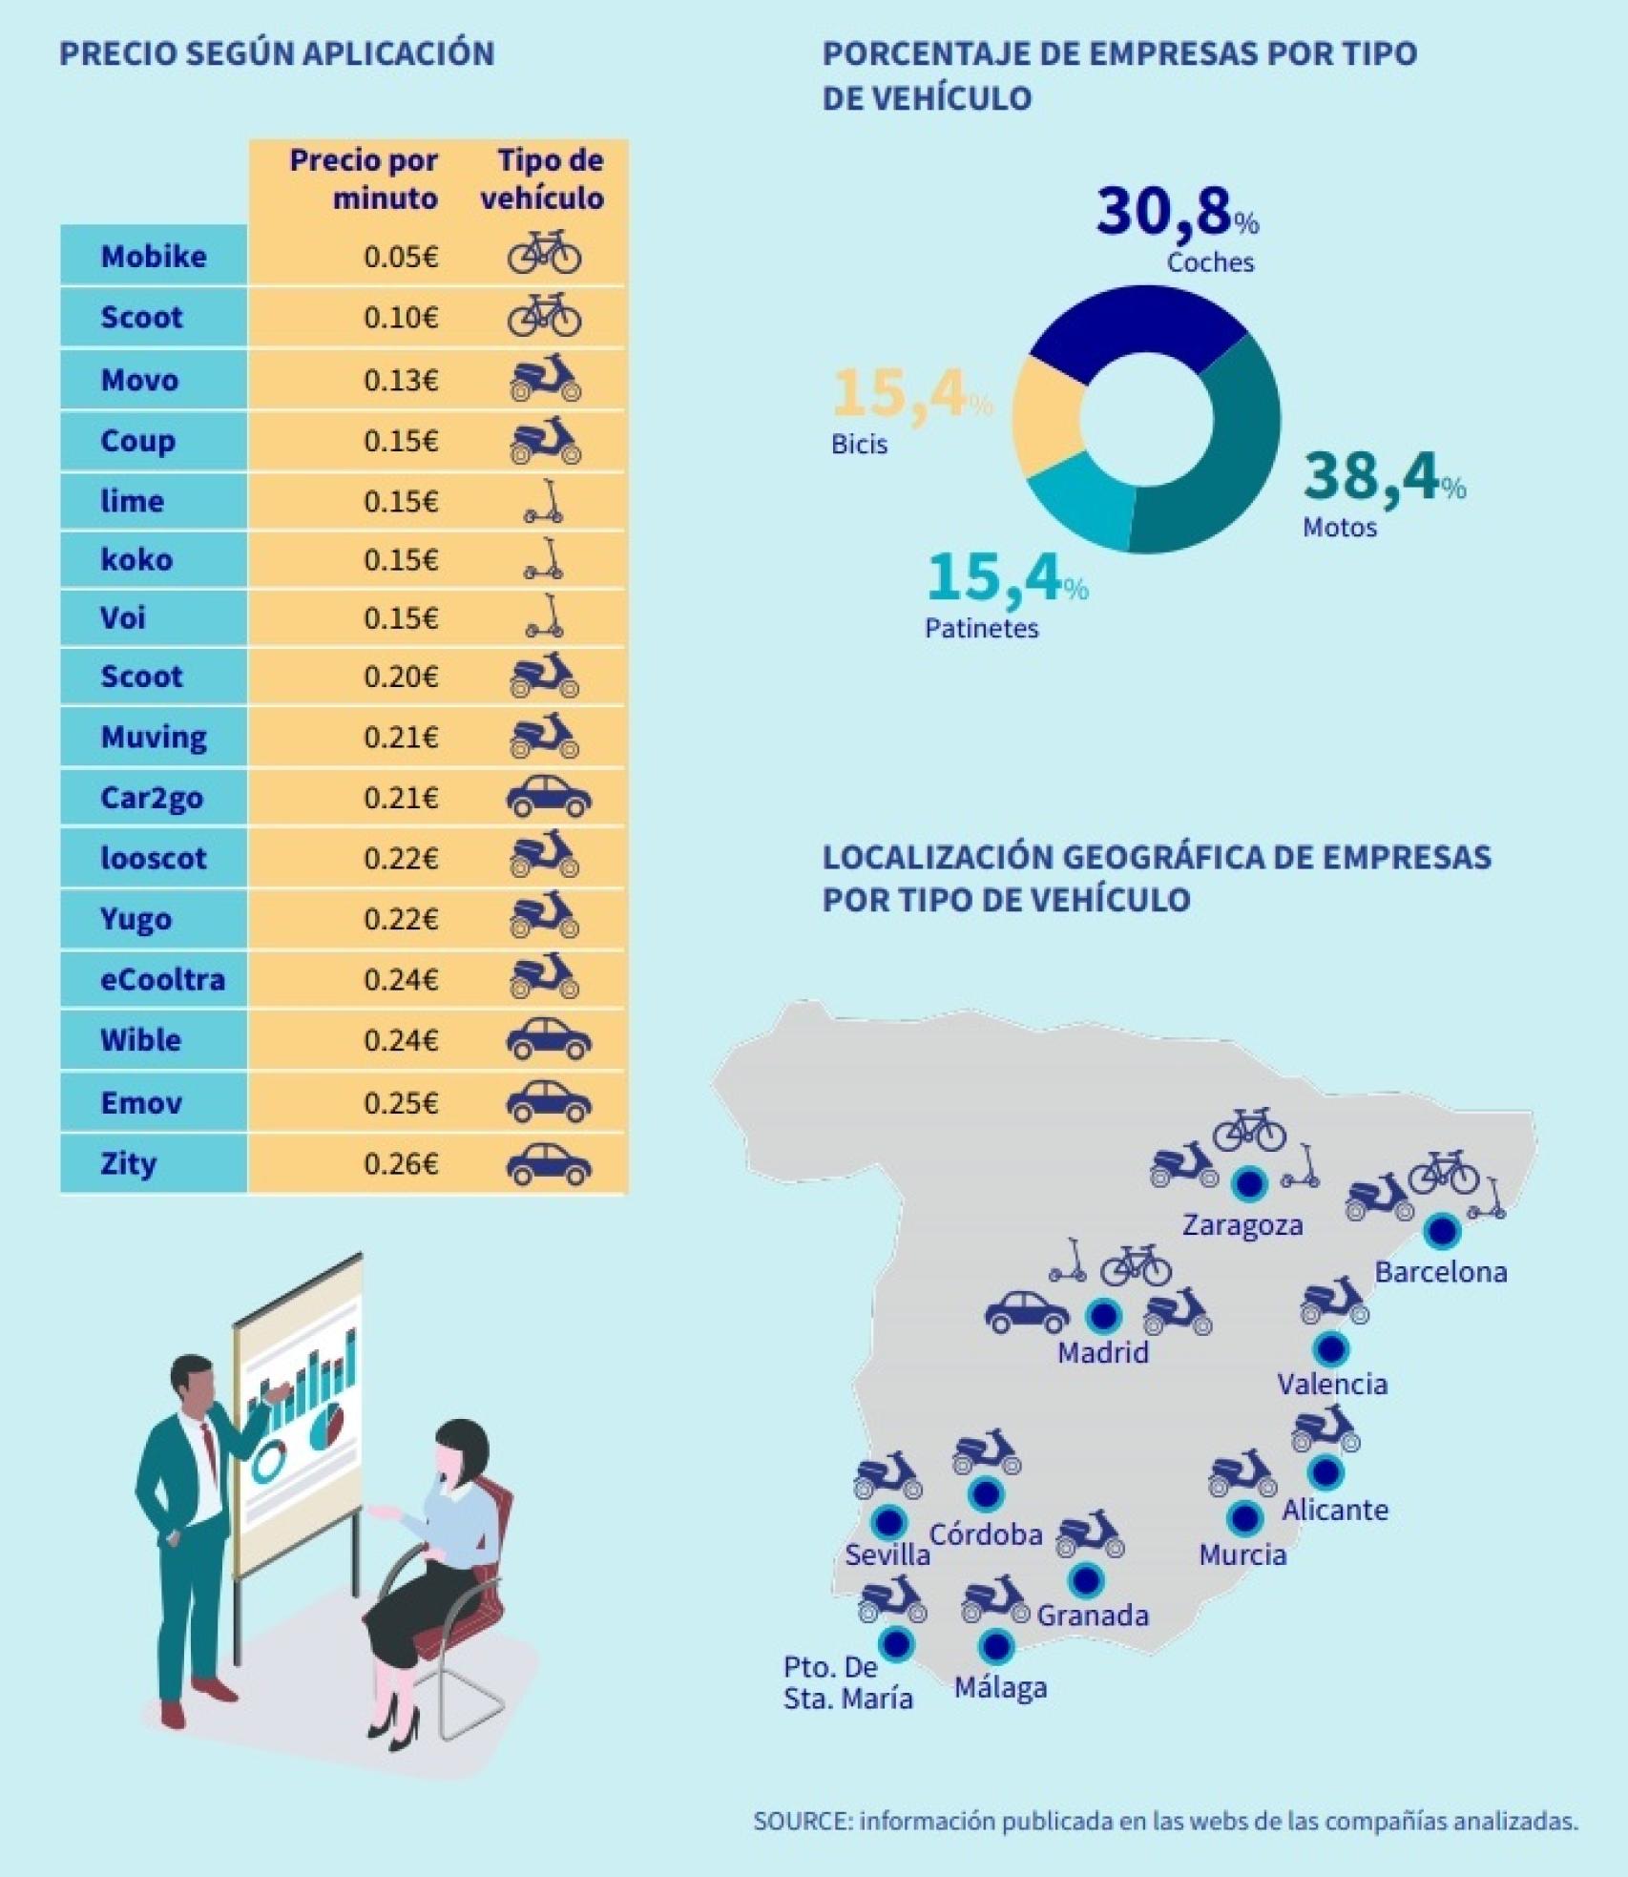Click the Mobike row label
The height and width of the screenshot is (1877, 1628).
(x=153, y=256)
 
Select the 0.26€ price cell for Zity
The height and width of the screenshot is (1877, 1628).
(x=400, y=1164)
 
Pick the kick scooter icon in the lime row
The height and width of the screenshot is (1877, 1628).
(x=545, y=501)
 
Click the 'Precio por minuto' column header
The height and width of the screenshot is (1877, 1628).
(x=363, y=178)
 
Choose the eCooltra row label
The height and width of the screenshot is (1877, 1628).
(x=162, y=979)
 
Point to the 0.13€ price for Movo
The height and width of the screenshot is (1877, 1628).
(x=400, y=380)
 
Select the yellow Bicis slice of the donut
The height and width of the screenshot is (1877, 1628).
(x=1046, y=416)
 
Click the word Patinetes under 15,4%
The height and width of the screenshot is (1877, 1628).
(x=981, y=628)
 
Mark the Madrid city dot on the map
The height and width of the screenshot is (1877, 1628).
(x=1103, y=1315)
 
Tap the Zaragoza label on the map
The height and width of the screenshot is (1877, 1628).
(x=1242, y=1224)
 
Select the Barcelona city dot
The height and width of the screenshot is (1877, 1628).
(x=1440, y=1231)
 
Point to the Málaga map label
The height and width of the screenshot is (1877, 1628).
(x=1000, y=1688)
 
